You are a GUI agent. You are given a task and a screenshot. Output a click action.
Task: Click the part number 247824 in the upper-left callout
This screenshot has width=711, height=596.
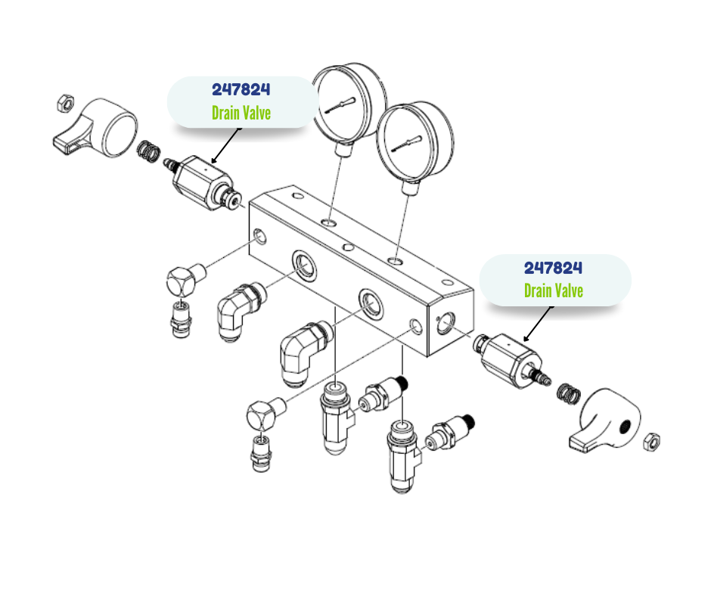pyautogui.click(x=241, y=89)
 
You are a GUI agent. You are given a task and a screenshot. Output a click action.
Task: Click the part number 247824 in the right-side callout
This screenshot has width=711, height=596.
pyautogui.click(x=553, y=268)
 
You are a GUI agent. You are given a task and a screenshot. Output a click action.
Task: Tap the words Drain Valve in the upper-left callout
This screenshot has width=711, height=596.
pyautogui.click(x=241, y=113)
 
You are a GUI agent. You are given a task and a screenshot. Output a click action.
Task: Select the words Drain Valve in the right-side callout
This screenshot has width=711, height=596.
pyautogui.click(x=554, y=290)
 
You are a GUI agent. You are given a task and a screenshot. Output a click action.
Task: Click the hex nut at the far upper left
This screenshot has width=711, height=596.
pyautogui.click(x=66, y=103)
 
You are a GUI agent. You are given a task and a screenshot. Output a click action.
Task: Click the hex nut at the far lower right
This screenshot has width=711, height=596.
pyautogui.click(x=651, y=442)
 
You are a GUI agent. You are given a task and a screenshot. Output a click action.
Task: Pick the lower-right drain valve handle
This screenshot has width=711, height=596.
pyautogui.click(x=605, y=420)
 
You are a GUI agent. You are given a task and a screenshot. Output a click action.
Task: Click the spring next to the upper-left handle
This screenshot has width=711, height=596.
pyautogui.click(x=148, y=151)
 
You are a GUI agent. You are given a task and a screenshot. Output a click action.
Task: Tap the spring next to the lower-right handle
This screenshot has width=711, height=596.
pyautogui.click(x=569, y=394)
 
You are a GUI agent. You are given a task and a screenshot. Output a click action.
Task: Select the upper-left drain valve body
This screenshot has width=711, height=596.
pyautogui.click(x=203, y=182)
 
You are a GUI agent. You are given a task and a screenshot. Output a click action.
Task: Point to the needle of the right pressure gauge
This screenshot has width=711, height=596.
pyautogui.click(x=407, y=144)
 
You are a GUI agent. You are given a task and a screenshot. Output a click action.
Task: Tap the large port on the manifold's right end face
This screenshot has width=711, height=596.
pyautogui.click(x=446, y=323)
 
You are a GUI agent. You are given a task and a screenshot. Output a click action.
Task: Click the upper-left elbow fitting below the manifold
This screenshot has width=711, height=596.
pyautogui.click(x=241, y=310)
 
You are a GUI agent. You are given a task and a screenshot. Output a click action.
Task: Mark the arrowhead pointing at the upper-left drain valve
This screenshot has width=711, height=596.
pyautogui.click(x=214, y=160)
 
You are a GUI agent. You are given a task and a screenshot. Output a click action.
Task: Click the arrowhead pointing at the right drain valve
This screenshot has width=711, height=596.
pyautogui.click(x=526, y=338)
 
